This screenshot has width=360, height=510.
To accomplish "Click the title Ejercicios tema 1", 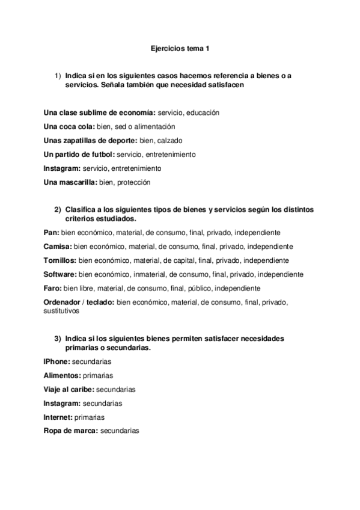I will point(180,47).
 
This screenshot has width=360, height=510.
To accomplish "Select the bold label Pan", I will point(51,232).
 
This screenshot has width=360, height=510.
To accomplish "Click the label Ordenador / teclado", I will point(79,301).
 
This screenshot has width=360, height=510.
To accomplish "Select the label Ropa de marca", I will point(71,431).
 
